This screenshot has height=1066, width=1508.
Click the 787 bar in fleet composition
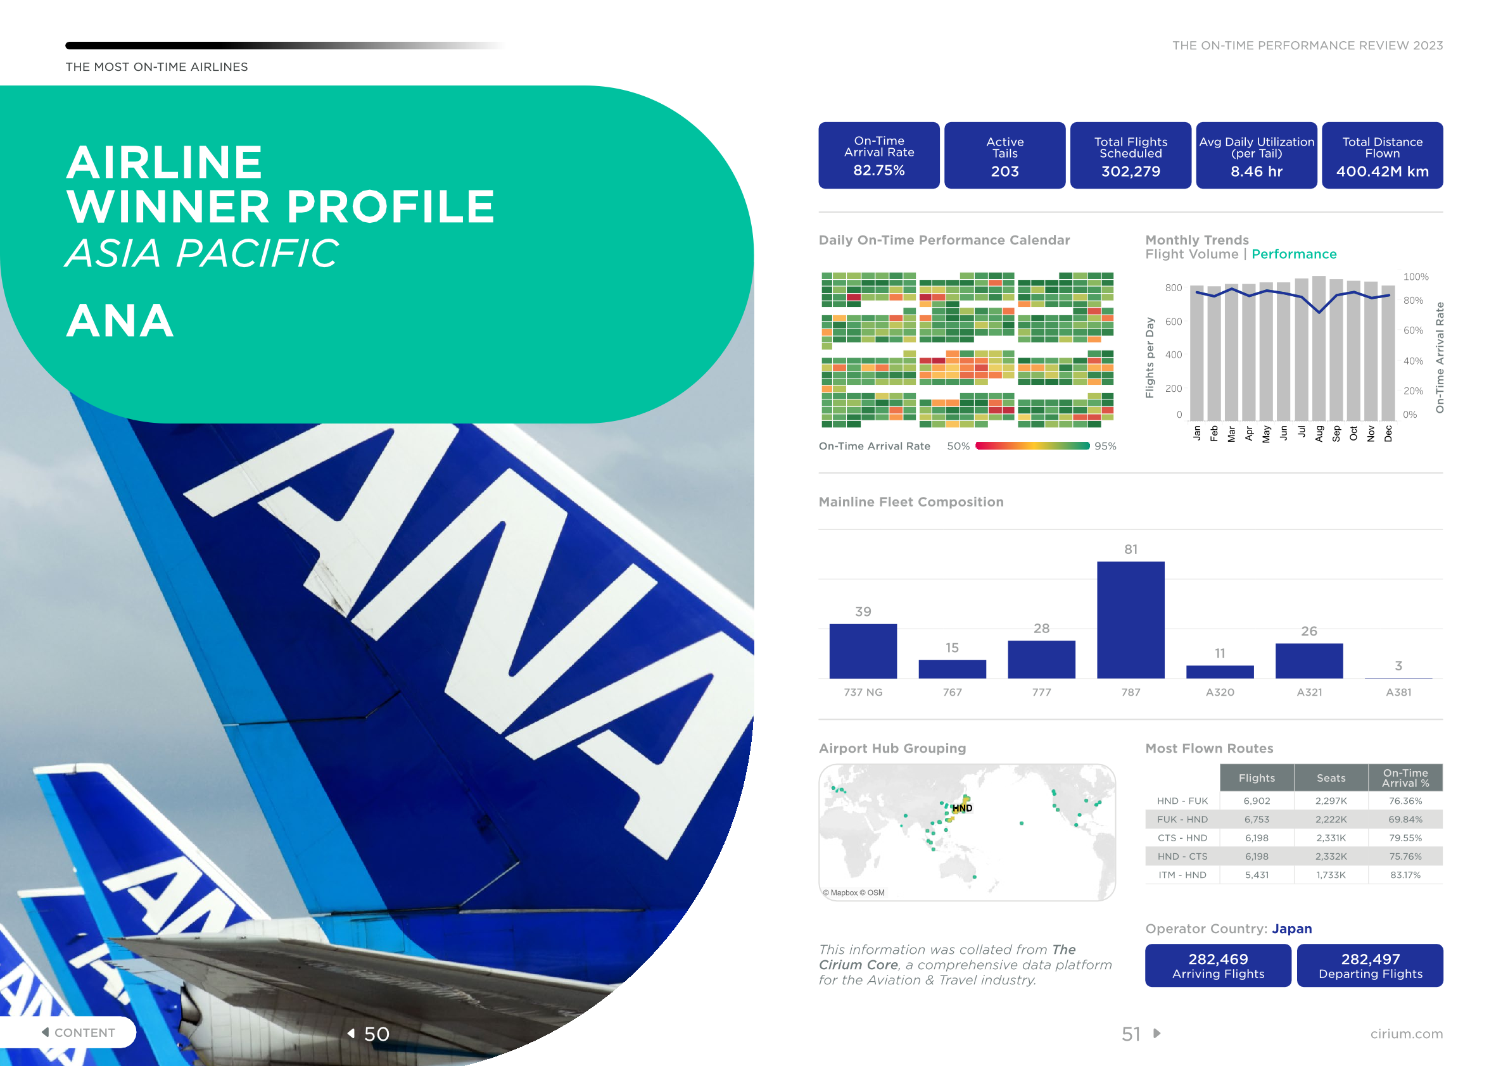point(1131,620)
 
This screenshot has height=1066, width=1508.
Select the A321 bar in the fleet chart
point(1309,660)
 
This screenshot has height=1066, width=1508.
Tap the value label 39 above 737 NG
point(863,611)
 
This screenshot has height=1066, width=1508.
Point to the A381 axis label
point(1398,692)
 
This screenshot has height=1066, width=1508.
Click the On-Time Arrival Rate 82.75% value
point(879,170)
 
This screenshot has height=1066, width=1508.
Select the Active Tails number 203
point(1005,172)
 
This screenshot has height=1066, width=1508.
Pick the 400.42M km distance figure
point(1383,172)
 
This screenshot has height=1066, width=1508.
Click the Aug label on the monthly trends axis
point(1319,433)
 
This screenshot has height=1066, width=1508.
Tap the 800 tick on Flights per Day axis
point(1173,287)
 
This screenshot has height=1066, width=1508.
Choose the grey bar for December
point(1388,353)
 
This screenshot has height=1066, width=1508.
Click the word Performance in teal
point(1294,254)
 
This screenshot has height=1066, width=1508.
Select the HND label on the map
point(962,808)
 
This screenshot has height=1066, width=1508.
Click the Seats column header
point(1331,778)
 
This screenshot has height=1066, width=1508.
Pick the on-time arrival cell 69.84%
point(1405,819)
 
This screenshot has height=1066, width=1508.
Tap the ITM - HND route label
point(1182,875)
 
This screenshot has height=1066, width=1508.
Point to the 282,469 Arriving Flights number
point(1218,959)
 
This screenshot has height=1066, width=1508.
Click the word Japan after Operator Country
point(1291,929)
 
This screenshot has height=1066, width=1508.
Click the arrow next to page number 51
point(1157,1033)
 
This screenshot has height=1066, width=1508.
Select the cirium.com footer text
point(1406,1034)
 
